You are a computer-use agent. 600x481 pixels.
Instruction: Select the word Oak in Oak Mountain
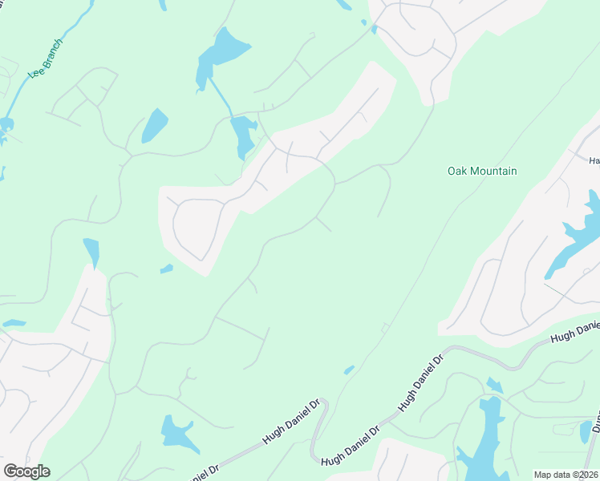(457, 171)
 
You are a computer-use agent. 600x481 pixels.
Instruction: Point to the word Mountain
(493, 171)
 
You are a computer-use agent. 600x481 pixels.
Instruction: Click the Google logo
(26, 471)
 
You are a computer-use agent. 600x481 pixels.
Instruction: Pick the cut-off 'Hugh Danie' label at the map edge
(576, 333)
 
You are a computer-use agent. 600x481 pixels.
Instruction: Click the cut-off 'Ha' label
(594, 160)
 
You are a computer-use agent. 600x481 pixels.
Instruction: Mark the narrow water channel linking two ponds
(221, 96)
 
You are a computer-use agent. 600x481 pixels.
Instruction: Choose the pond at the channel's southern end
(243, 136)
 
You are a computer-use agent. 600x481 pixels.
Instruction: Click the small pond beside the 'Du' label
(586, 433)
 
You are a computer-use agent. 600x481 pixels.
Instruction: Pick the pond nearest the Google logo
(178, 433)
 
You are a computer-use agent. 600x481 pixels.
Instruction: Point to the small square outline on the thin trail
(385, 327)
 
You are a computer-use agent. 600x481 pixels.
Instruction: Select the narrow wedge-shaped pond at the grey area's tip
(91, 251)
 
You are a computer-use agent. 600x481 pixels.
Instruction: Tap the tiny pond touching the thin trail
(349, 370)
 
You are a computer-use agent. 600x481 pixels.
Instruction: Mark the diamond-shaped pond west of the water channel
(154, 126)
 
